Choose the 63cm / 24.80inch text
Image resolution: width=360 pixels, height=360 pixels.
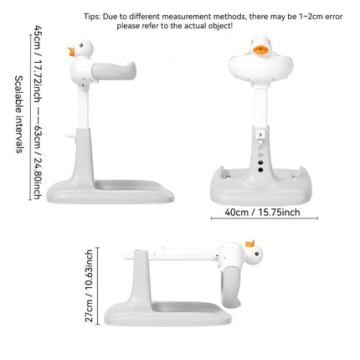click(x=37, y=167)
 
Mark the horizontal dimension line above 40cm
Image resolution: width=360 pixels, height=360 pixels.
click(x=262, y=203)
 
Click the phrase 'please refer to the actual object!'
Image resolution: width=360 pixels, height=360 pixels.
click(x=175, y=26)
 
